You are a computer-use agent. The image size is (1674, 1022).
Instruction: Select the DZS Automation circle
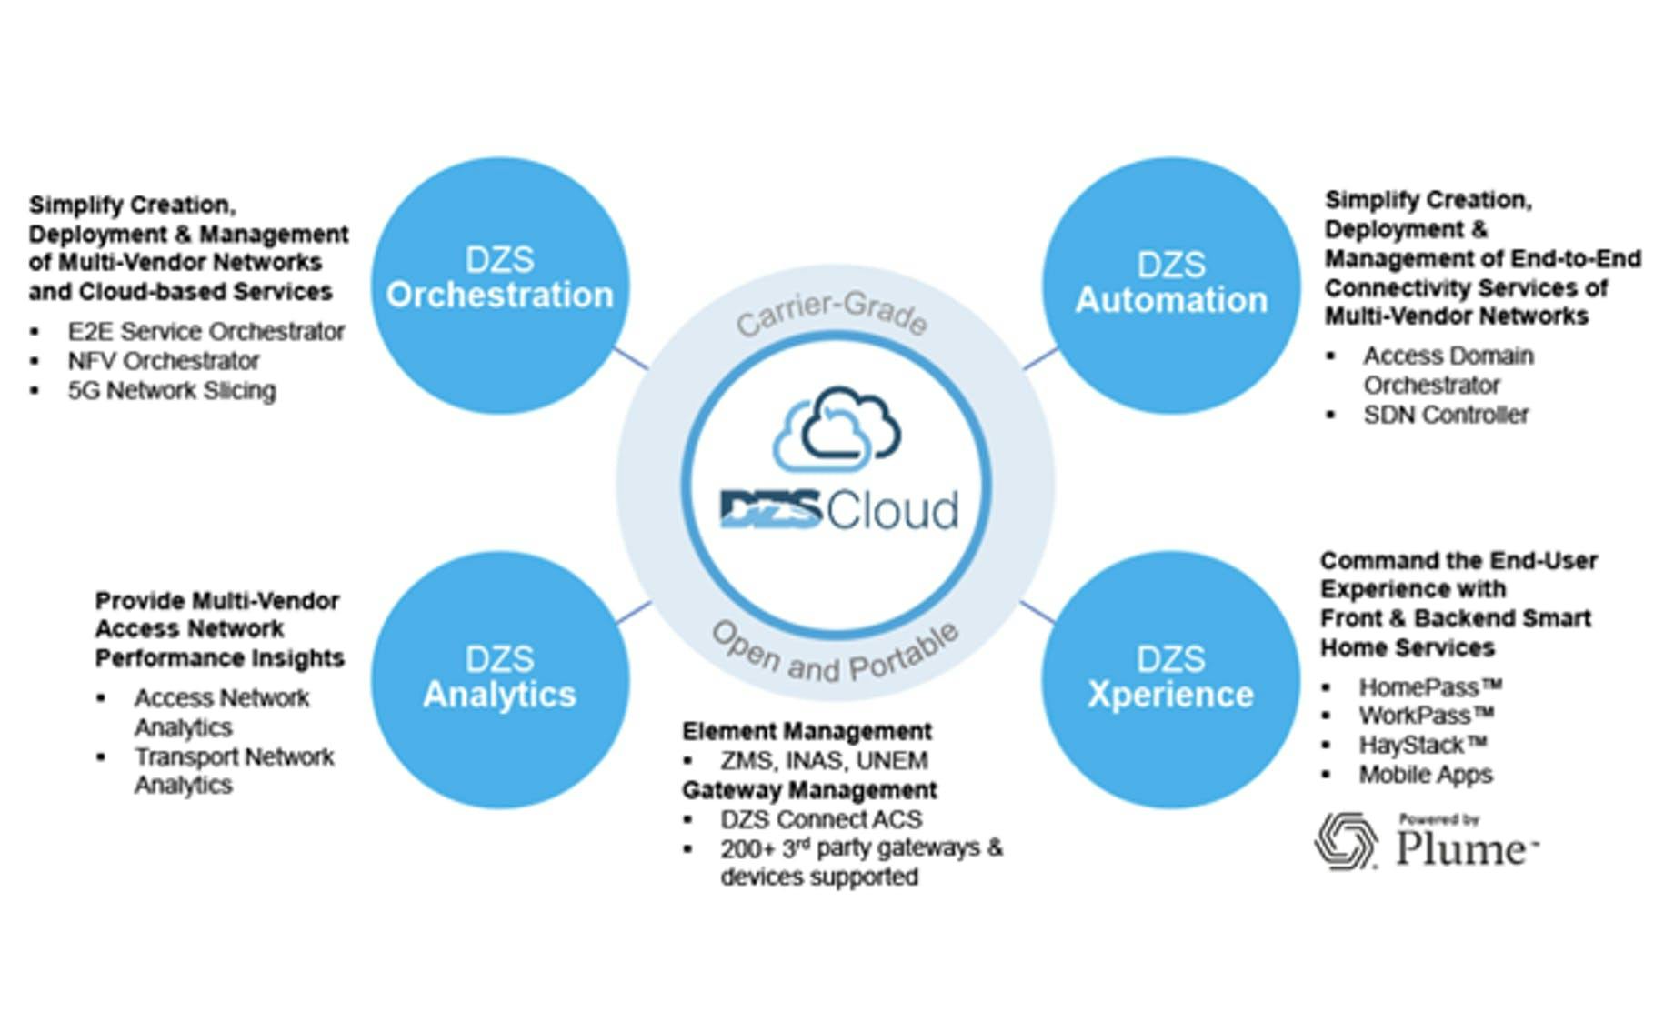pos(1170,285)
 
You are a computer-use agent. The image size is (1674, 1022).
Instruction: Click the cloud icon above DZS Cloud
pos(837,427)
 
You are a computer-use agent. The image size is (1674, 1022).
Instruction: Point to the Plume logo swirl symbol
pos(1346,841)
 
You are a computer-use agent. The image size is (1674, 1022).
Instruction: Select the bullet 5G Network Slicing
pos(171,391)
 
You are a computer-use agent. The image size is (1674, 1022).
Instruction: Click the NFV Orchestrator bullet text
pos(164,361)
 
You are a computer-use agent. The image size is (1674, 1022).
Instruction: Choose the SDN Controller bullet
pos(1446,415)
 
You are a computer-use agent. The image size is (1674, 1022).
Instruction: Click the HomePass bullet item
pos(1429,686)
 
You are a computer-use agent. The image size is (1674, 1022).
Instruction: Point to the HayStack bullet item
pos(1422,745)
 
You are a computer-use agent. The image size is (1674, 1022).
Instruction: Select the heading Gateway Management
pos(809,789)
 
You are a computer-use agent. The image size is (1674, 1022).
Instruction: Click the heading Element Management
pos(807,731)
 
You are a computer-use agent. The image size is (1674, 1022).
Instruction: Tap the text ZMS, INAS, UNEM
pos(824,760)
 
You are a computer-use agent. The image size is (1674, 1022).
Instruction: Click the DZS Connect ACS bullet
pos(821,819)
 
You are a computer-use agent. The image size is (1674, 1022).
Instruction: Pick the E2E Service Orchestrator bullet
pos(205,331)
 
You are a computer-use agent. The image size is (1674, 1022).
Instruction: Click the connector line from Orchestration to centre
pos(631,358)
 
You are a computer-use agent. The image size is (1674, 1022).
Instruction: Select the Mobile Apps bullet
pos(1425,775)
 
